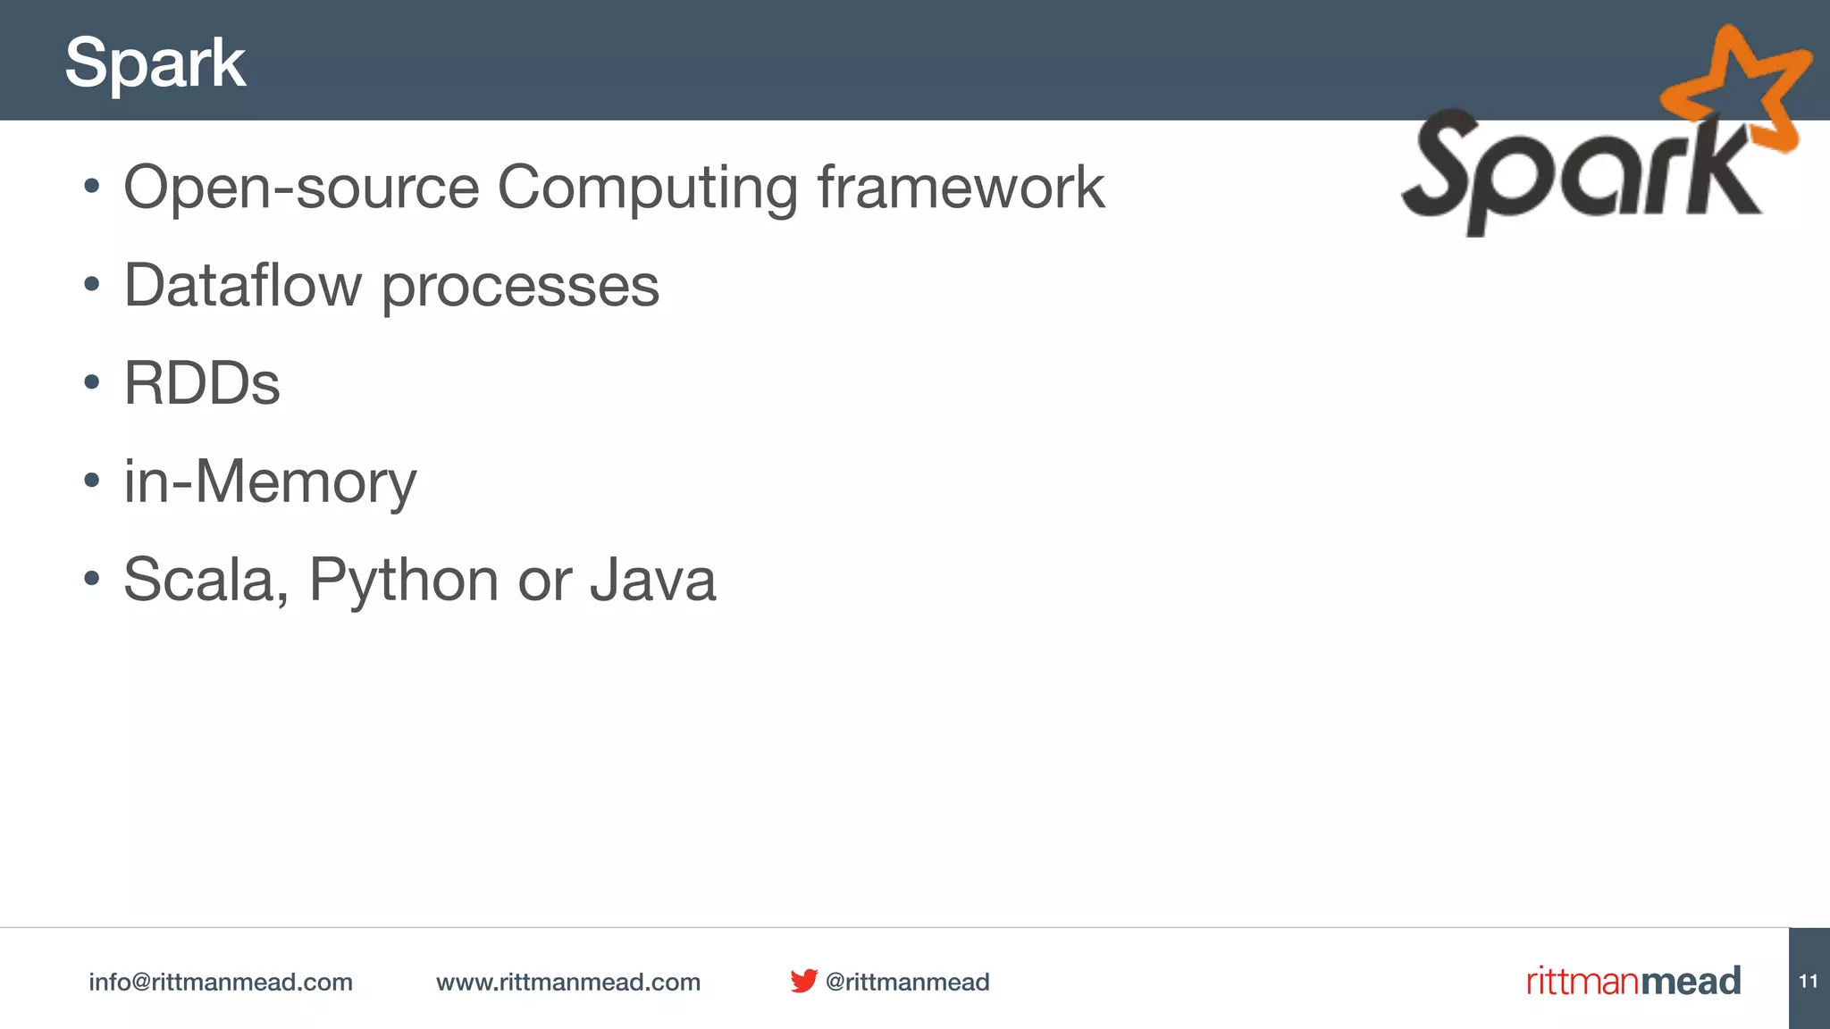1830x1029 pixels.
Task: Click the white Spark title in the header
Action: click(x=155, y=63)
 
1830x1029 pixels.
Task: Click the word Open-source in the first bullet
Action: click(x=300, y=188)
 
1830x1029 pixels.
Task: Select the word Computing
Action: click(x=647, y=189)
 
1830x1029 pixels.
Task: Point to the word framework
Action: click(x=961, y=188)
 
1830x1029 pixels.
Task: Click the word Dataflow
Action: click(x=242, y=286)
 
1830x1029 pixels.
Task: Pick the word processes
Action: click(x=520, y=288)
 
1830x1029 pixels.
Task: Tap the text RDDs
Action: click(x=202, y=384)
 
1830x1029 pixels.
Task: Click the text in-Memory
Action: click(x=270, y=482)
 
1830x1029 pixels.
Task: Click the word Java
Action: click(x=652, y=581)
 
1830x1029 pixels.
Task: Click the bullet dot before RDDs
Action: click(x=91, y=383)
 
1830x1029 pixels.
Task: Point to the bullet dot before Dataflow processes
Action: click(x=91, y=285)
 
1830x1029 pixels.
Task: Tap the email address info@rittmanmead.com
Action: click(x=221, y=983)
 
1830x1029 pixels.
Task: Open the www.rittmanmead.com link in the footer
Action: click(x=568, y=983)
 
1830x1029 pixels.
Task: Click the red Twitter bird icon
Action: click(x=803, y=981)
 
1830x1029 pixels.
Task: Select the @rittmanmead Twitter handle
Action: click(x=907, y=983)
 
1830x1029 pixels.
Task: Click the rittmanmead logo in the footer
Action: click(x=1633, y=981)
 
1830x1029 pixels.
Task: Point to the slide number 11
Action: click(x=1809, y=981)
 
